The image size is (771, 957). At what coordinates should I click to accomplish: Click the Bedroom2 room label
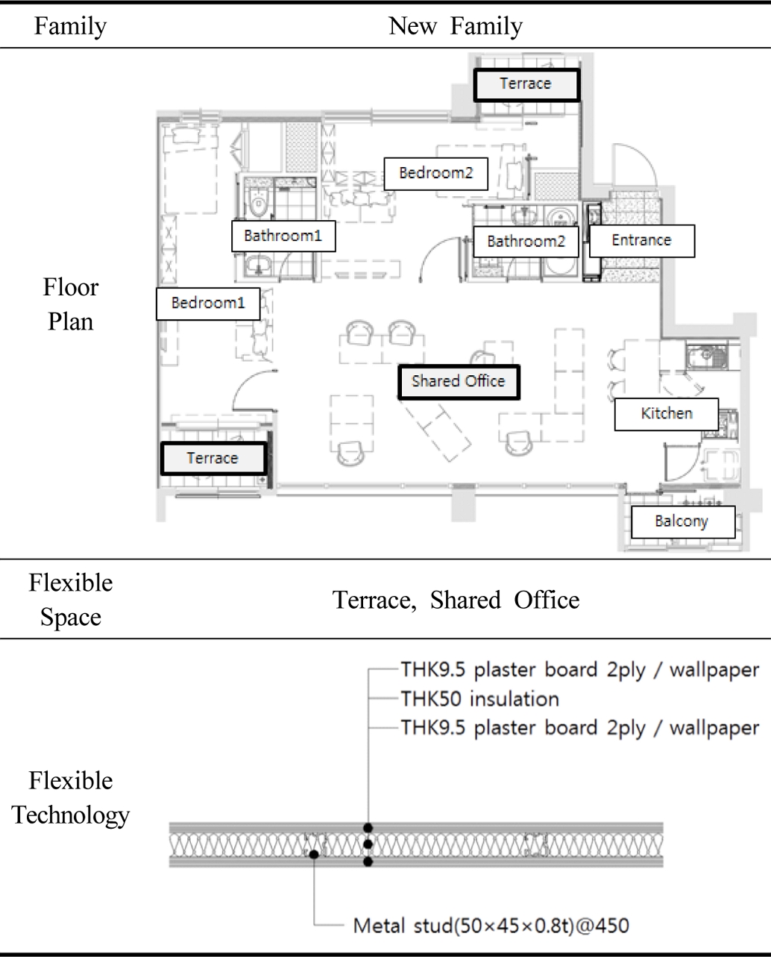(x=436, y=173)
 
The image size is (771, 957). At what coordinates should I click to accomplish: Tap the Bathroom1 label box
(x=283, y=236)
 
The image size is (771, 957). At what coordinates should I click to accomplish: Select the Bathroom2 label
(x=526, y=242)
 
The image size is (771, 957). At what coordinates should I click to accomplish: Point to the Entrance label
(x=641, y=240)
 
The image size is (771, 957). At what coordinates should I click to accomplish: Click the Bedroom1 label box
(x=208, y=304)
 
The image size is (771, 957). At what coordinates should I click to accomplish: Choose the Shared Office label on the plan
(x=459, y=382)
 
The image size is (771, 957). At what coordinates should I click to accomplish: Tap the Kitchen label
(x=667, y=413)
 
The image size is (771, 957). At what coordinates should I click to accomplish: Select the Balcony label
(x=682, y=521)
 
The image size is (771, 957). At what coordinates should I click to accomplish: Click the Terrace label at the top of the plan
(x=526, y=84)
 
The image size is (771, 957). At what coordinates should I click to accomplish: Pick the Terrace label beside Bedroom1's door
(x=213, y=459)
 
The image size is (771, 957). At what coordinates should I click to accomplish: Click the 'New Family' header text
(x=456, y=26)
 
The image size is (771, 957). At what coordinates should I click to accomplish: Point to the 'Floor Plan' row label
(x=71, y=304)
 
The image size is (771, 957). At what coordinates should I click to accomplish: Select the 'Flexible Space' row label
(x=71, y=600)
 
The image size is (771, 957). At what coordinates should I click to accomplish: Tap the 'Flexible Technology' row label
(x=71, y=797)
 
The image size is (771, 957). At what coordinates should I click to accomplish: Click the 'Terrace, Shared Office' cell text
(x=456, y=600)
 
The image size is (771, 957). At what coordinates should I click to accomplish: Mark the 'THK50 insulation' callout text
(x=479, y=699)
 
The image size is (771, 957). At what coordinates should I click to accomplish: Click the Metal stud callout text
(x=491, y=926)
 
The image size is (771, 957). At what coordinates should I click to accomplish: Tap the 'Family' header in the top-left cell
(x=71, y=26)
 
